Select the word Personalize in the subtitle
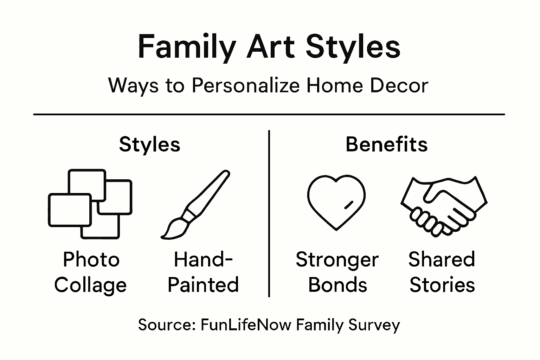point(246,85)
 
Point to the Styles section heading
point(150,144)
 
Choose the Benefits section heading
point(386,144)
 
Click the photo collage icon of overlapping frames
point(90,204)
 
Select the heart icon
point(336,202)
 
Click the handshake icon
point(444,204)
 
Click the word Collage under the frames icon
point(90,285)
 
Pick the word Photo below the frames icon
point(91,260)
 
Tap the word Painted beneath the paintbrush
point(203,285)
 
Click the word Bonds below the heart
point(337,285)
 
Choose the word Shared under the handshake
point(442,260)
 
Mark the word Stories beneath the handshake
point(442,285)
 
